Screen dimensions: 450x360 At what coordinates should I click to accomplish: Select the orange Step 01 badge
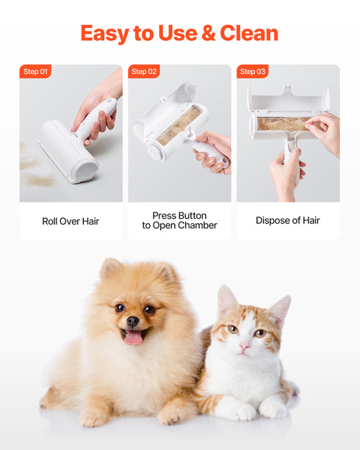tap(35, 71)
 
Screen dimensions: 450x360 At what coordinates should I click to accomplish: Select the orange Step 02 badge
tap(143, 71)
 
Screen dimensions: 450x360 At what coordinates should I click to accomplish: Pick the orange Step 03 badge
tap(252, 71)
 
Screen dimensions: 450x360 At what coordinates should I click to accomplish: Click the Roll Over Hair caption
tap(71, 220)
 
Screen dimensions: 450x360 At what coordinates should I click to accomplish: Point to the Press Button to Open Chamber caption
tap(179, 220)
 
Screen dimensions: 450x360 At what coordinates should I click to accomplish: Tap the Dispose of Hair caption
tap(288, 220)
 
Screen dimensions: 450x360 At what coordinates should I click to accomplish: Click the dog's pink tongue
tap(134, 337)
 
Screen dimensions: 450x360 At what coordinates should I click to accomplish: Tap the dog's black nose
tap(132, 322)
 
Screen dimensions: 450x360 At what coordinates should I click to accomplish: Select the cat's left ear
tap(226, 301)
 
